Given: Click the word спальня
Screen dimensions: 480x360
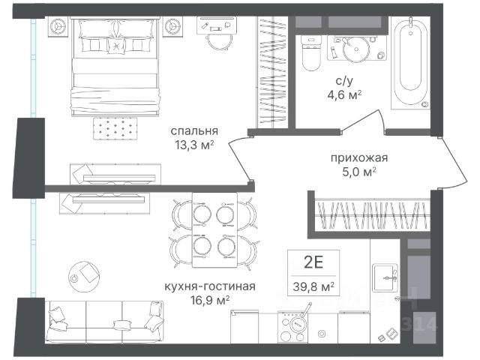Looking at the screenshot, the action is (x=194, y=131).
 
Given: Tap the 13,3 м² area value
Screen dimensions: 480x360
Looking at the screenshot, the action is (x=193, y=145).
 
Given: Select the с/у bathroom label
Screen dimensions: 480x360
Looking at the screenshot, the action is (x=344, y=81).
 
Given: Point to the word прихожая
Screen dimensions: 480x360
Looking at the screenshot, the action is (x=359, y=158).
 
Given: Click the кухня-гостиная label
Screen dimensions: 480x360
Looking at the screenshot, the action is (x=210, y=286).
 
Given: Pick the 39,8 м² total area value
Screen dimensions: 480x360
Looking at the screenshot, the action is (x=313, y=286).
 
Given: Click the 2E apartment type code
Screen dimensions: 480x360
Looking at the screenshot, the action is (x=313, y=262).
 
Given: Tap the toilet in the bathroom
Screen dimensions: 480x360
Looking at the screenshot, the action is (x=311, y=52).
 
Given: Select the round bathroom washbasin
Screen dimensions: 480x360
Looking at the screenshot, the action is (x=356, y=49).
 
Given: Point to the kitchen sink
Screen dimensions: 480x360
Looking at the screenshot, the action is (x=385, y=277).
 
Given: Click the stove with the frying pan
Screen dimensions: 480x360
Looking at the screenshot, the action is (x=293, y=327).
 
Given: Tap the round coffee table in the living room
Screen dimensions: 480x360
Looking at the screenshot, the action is (x=84, y=277).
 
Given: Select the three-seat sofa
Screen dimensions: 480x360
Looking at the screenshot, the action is (x=104, y=322).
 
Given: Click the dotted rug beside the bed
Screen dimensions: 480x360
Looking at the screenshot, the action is (x=115, y=128).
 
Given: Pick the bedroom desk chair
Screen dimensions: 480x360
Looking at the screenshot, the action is (x=217, y=42).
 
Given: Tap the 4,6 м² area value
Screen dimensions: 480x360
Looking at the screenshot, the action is (x=344, y=94).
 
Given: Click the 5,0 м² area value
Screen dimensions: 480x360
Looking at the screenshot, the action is (x=359, y=172).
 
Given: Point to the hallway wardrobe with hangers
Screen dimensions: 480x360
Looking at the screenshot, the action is (x=372, y=215).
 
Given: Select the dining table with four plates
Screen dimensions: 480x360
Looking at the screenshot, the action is (x=215, y=230).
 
